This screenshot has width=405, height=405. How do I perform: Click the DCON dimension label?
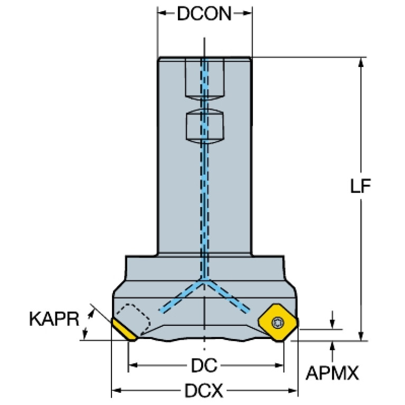click(204, 14)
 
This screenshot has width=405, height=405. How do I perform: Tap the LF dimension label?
click(360, 186)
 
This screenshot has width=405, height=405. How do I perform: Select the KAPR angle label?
click(54, 319)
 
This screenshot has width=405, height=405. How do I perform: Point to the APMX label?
click(332, 373)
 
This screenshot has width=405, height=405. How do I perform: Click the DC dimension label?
click(204, 365)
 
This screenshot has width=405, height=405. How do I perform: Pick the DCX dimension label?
click(204, 391)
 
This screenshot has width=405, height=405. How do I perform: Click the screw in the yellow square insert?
click(278, 322)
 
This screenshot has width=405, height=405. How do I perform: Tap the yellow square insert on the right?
click(278, 323)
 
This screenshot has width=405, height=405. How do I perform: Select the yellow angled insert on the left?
click(124, 329)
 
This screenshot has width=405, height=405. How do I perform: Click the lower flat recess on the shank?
click(204, 126)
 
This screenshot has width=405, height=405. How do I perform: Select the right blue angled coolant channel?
click(227, 296)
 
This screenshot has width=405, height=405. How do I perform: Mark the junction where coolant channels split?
click(204, 281)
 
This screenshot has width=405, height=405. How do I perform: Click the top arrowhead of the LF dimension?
click(361, 62)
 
